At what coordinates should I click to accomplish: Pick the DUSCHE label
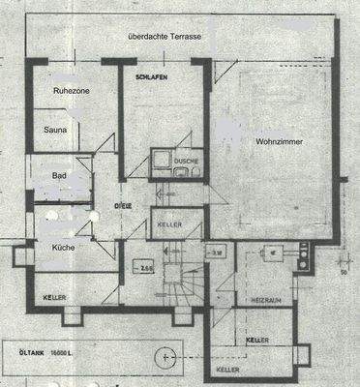(x=186, y=160)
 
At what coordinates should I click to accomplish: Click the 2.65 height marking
(x=147, y=267)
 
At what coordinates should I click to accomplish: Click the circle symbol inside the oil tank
(x=170, y=356)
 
